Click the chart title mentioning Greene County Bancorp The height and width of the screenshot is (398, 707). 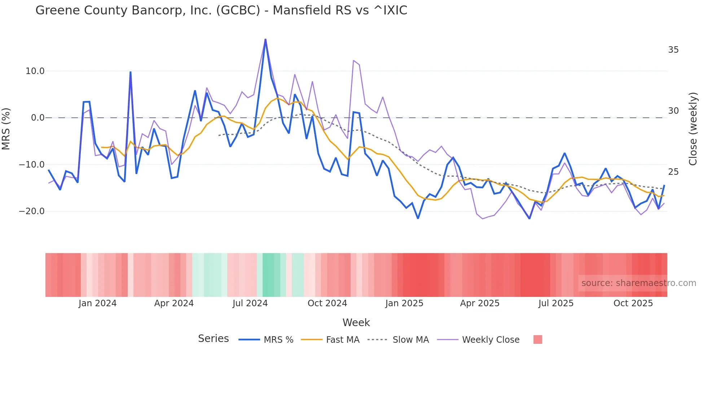(221, 10)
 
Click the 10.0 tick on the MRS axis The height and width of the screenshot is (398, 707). (35, 71)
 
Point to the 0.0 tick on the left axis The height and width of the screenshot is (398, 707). (38, 118)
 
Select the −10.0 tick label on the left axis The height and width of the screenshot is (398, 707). (32, 165)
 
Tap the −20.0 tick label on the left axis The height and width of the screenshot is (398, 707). (32, 211)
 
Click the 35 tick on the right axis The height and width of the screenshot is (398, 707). (673, 50)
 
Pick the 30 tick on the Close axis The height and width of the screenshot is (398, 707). (673, 111)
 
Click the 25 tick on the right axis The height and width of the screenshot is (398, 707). (673, 172)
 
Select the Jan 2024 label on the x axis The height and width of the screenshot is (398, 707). (97, 303)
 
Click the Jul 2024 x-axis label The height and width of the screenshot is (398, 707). (250, 303)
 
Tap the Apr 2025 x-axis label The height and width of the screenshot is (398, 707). (479, 303)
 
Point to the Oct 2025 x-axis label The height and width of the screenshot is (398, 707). (633, 303)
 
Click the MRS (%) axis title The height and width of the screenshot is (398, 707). (6, 129)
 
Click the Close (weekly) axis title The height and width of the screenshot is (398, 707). (693, 129)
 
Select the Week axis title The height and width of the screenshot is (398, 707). (356, 323)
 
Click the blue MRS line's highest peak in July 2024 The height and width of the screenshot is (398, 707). (265, 39)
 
